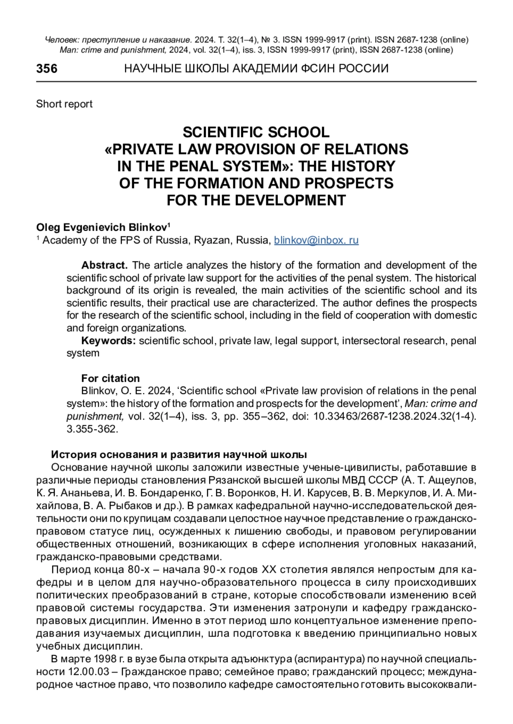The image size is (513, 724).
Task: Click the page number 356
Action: [x=47, y=69]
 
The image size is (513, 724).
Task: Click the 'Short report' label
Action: [x=64, y=104]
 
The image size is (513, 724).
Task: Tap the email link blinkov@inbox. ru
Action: [x=316, y=240]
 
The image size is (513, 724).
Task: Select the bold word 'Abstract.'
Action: [x=104, y=265]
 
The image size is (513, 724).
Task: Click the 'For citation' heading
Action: [x=110, y=378]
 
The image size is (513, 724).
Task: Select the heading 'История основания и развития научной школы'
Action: [x=179, y=454]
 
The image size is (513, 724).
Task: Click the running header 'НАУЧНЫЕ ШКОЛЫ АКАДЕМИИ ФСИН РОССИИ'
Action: [x=256, y=69]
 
